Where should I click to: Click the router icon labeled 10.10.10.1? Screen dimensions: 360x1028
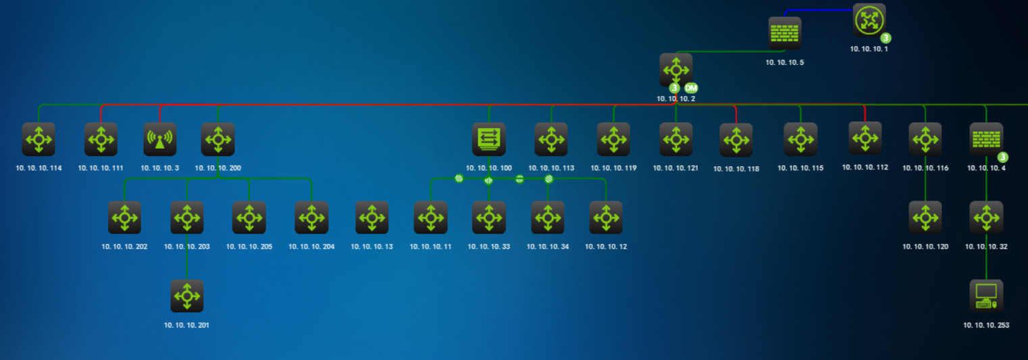tap(869, 20)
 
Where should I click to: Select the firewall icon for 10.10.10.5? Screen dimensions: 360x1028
tap(785, 33)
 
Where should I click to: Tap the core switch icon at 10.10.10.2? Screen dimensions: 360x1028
tap(675, 70)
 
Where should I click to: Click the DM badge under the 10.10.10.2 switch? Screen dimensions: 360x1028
tap(691, 88)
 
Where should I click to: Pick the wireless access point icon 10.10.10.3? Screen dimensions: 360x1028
tap(159, 139)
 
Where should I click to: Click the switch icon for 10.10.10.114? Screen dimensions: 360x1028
tap(38, 139)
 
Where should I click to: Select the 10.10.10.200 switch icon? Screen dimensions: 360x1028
tap(217, 139)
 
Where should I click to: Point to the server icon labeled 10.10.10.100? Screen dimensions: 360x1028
tap(488, 139)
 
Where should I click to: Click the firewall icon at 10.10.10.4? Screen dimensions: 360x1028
tap(986, 139)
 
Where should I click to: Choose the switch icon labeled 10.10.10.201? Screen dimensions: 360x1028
tap(187, 296)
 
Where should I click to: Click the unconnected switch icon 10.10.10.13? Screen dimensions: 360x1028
tap(372, 217)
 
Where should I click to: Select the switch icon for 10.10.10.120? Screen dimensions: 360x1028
tap(925, 217)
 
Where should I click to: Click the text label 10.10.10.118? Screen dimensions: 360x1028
tap(736, 169)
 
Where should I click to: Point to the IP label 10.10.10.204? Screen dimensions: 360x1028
tap(311, 247)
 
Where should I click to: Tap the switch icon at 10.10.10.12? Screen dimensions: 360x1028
tap(606, 217)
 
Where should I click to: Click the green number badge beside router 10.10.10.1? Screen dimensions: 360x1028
tap(885, 38)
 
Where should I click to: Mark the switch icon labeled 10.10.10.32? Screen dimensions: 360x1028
tap(986, 217)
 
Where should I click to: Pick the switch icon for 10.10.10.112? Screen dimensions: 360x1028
tap(865, 138)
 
